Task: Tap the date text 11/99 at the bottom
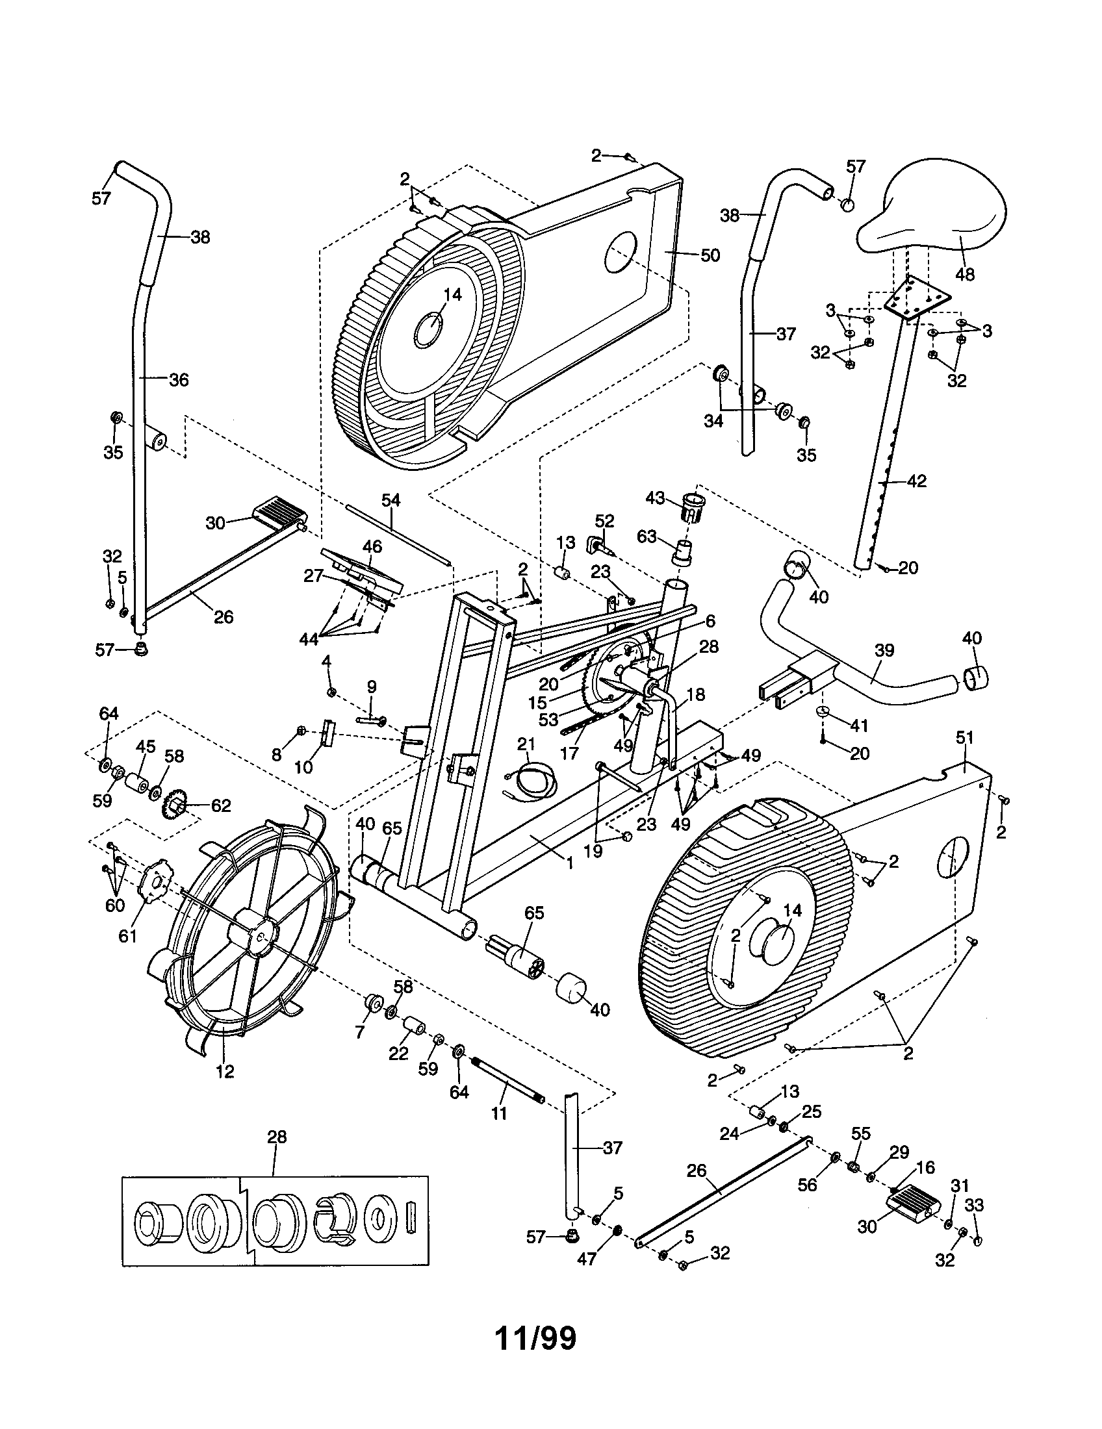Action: point(536,1338)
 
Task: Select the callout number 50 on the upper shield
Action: point(710,255)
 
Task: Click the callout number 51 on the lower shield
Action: point(965,738)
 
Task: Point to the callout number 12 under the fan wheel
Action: point(224,1072)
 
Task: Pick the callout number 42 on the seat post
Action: point(917,481)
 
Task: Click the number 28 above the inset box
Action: point(277,1137)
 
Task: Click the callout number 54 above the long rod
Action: point(391,500)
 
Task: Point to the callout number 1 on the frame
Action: point(569,864)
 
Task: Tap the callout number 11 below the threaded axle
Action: point(498,1113)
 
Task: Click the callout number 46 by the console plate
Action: point(372,545)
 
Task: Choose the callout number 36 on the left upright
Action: point(179,379)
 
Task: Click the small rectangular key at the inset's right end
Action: point(411,1216)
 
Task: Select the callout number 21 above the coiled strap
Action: point(526,744)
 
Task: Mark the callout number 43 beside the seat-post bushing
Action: point(656,499)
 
